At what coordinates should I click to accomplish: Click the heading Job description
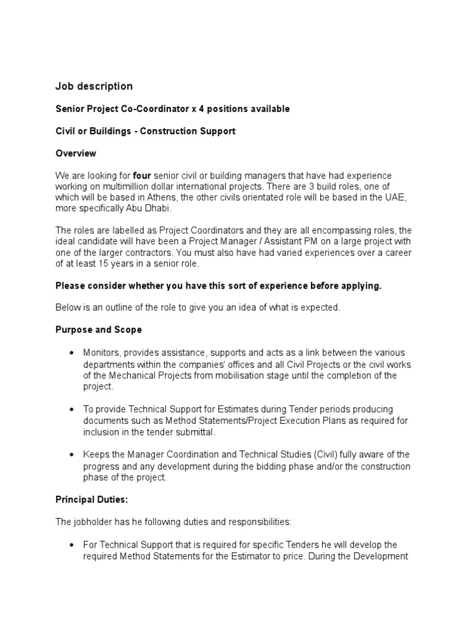93,86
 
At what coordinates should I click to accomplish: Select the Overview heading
76,153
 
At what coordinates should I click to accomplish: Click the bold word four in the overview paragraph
142,176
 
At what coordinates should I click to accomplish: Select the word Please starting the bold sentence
70,286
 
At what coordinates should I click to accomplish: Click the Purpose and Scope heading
98,330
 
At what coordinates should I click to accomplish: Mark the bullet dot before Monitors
72,353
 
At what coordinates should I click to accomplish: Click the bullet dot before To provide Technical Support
72,409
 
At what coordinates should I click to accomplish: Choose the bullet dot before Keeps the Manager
72,455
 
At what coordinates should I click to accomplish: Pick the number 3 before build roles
291,186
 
